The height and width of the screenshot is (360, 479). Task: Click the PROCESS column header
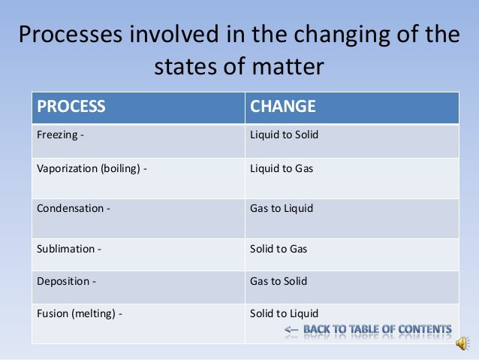coord(71,107)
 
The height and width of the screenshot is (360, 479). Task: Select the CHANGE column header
coord(282,107)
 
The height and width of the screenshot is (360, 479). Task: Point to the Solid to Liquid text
coord(285,313)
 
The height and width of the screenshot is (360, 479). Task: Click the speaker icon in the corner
coord(464,343)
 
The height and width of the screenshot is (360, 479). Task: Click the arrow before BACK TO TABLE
coord(291,330)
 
